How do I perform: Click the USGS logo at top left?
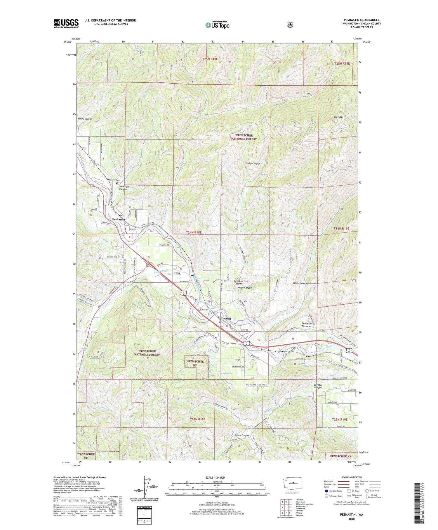(x=66, y=23)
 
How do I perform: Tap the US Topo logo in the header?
(x=217, y=25)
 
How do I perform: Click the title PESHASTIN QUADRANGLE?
(x=361, y=20)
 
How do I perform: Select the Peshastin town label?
(x=119, y=219)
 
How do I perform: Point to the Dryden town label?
(x=226, y=318)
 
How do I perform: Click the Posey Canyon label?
(x=85, y=119)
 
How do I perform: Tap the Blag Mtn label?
(x=338, y=117)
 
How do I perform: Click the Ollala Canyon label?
(x=300, y=283)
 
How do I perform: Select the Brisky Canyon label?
(x=241, y=435)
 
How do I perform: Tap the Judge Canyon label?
(x=244, y=288)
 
